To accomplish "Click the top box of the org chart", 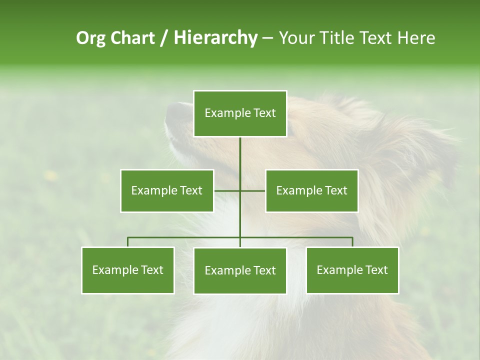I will tap(240, 113).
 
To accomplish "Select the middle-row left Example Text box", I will tap(166, 190).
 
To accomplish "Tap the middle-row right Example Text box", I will tap(311, 190).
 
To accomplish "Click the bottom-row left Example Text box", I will tap(127, 270).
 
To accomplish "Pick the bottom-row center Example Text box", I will tap(240, 270).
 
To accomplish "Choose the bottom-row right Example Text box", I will tap(352, 270).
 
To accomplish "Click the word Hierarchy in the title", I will tap(215, 38).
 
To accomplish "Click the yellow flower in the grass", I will tap(50, 175).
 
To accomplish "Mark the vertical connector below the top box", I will tap(240, 160).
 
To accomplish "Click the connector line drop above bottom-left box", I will tap(127, 242).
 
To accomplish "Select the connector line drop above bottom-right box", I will tap(352, 242).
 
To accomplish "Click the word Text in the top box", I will tap(263, 113).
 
